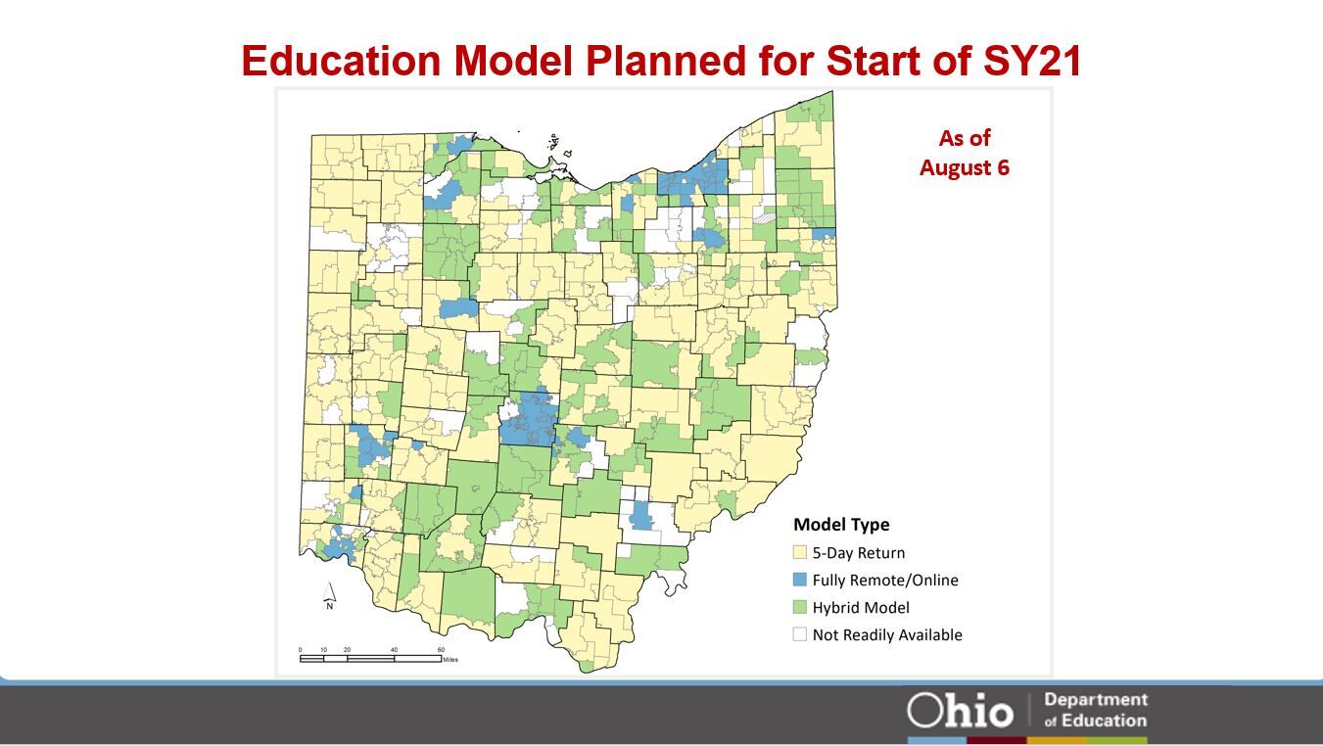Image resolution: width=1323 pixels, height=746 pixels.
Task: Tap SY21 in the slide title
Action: click(1032, 61)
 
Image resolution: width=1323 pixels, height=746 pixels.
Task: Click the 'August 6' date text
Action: click(964, 167)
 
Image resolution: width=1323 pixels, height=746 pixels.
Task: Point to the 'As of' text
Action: click(964, 138)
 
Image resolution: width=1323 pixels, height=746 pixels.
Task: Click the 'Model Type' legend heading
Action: click(840, 524)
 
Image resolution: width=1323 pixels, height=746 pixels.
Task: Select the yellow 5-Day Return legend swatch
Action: click(800, 552)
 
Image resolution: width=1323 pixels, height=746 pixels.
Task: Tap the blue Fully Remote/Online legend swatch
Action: click(800, 580)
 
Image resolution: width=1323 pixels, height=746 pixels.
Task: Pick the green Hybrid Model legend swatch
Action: click(800, 607)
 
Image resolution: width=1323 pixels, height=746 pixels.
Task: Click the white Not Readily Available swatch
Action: click(800, 634)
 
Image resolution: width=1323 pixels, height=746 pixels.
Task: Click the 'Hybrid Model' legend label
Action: click(861, 607)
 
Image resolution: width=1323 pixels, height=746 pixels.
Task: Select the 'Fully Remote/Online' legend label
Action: click(885, 580)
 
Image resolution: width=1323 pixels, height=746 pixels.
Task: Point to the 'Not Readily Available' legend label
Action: click(887, 634)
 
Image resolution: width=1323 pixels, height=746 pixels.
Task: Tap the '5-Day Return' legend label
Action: click(859, 552)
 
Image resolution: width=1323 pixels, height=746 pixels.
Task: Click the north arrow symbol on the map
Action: click(330, 594)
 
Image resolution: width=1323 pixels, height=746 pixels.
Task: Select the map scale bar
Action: click(370, 658)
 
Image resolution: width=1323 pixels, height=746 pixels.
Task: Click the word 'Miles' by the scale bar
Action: click(450, 660)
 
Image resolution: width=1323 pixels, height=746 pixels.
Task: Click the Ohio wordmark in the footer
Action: click(960, 710)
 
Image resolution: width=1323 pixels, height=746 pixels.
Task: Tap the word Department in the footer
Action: click(1096, 700)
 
